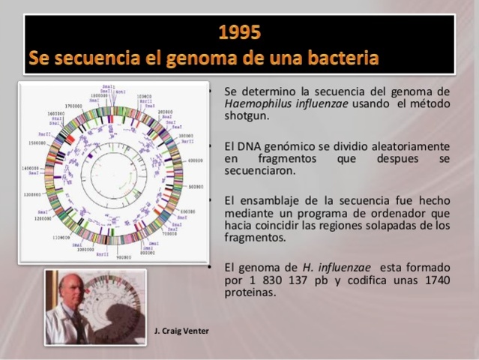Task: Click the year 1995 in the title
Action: point(240,32)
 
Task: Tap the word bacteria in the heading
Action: point(341,58)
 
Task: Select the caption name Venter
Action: point(196,331)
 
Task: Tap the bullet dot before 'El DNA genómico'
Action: point(214,145)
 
